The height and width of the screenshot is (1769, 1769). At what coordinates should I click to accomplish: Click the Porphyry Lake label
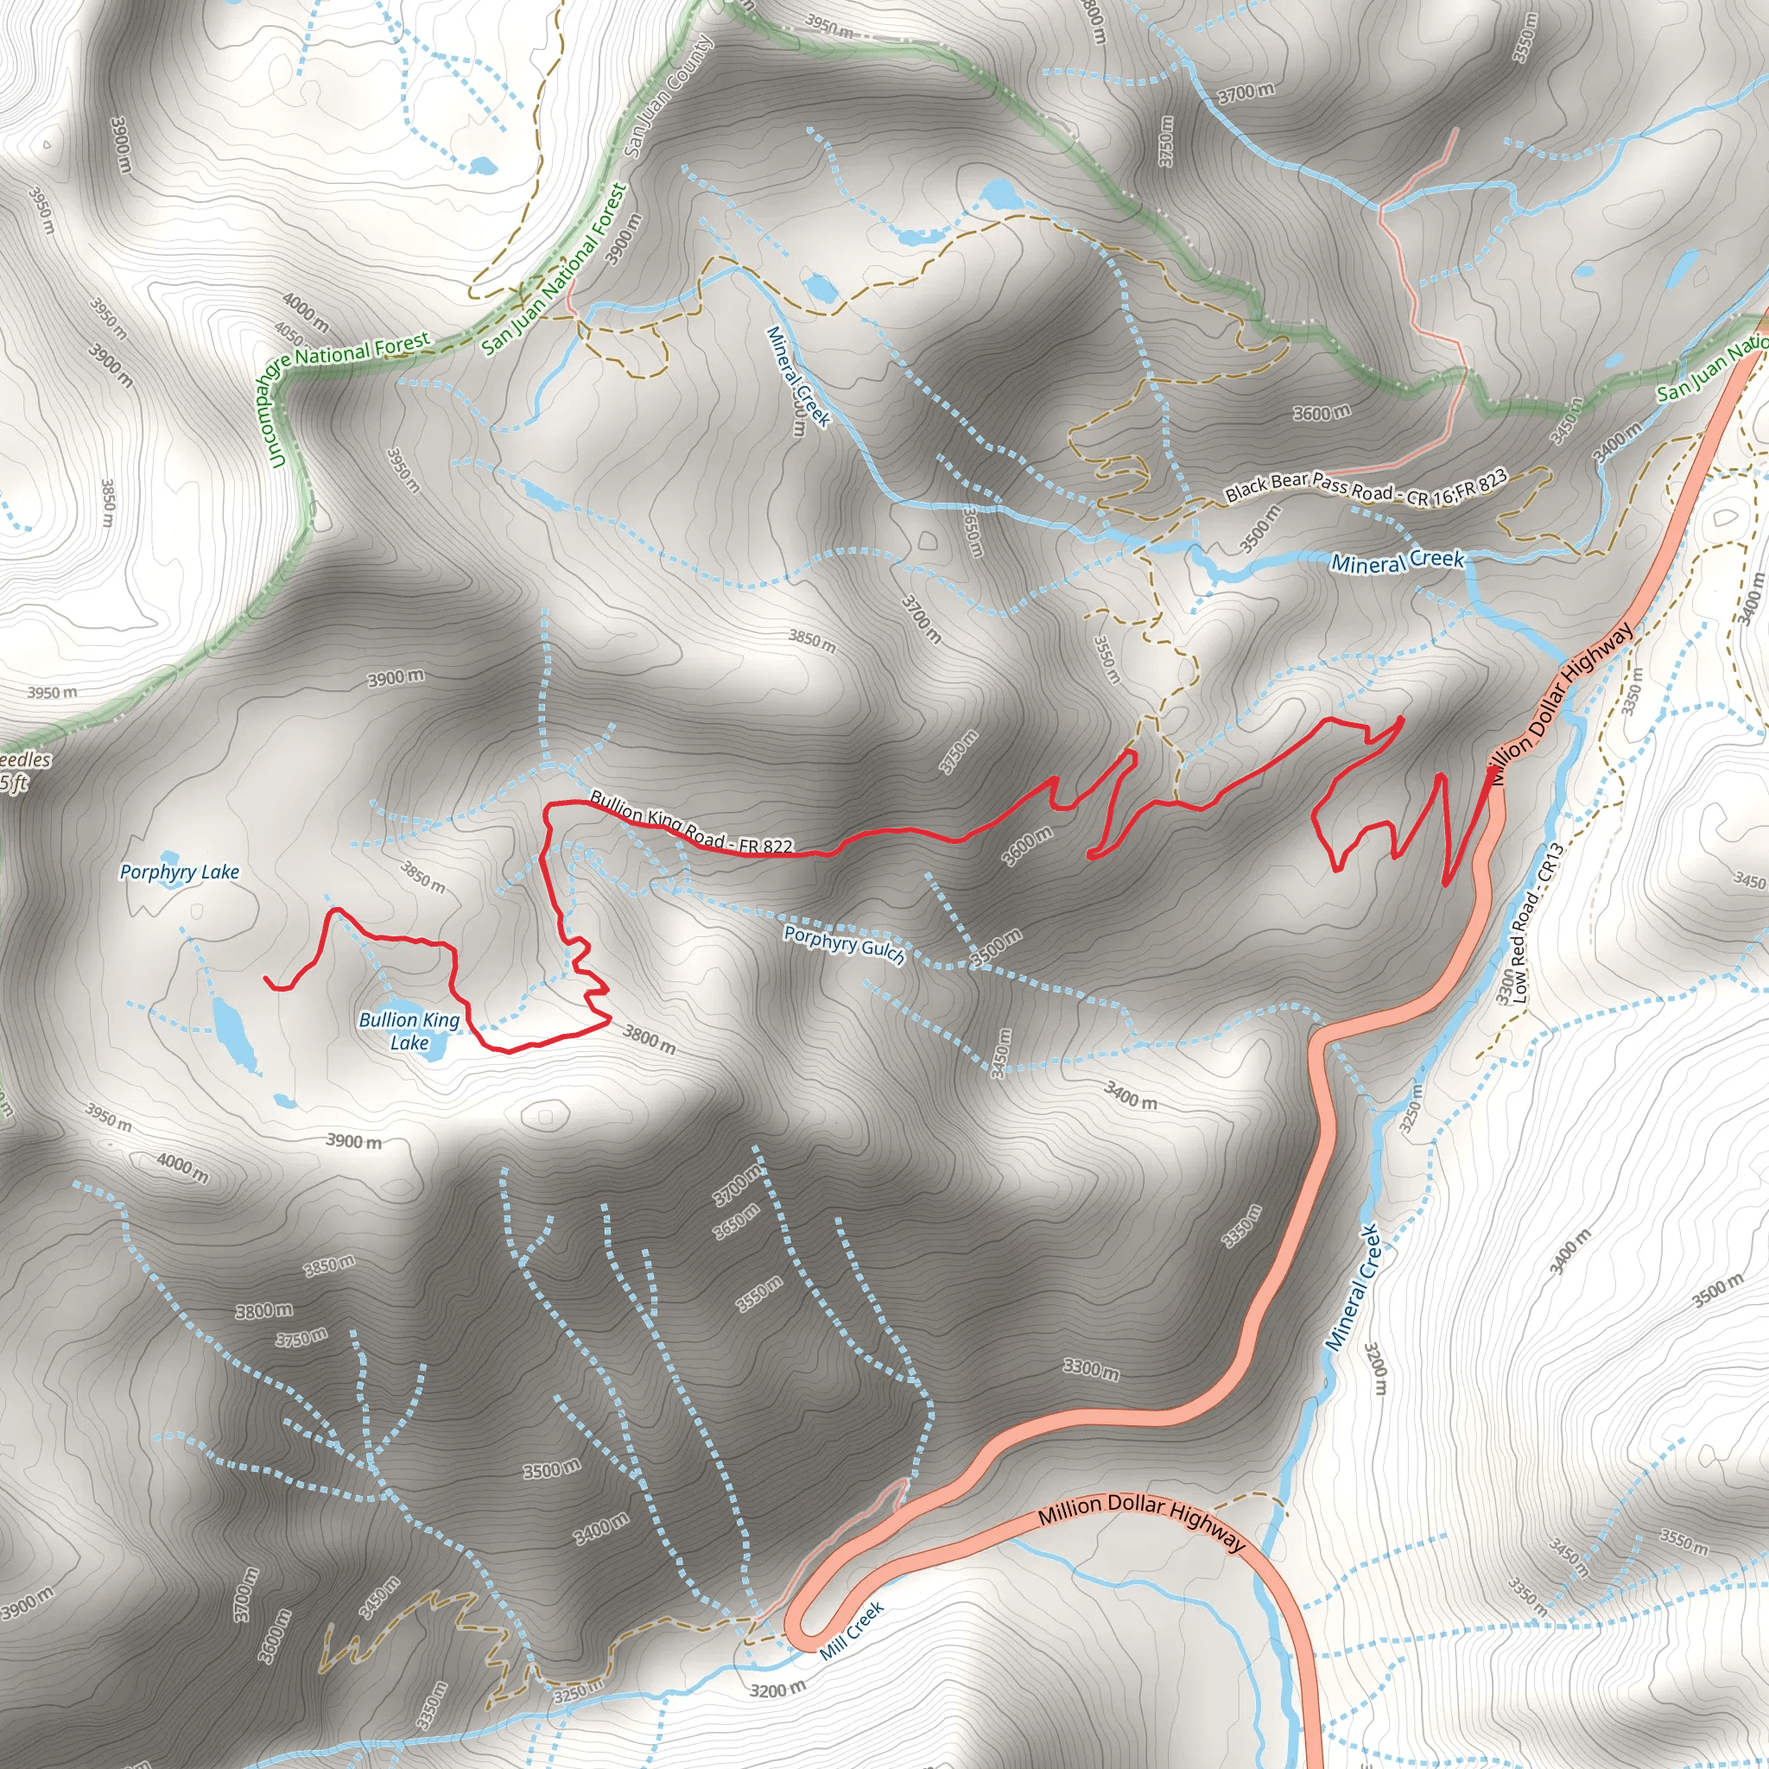point(180,872)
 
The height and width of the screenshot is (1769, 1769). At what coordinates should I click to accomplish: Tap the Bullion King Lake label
point(409,1031)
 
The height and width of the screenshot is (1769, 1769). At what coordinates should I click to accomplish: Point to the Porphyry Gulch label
point(844,944)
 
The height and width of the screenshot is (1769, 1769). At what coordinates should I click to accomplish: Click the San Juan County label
point(668,95)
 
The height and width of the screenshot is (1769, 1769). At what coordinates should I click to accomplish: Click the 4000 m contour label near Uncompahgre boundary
point(305,311)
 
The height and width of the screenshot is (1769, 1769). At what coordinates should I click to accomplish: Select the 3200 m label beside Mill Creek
point(777,1689)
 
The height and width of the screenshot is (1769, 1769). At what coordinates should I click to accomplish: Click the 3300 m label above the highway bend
point(1091,1369)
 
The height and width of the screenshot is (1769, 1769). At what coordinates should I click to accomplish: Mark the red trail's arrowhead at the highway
point(1493,776)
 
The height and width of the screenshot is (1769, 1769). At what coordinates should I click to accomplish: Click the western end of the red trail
point(266,979)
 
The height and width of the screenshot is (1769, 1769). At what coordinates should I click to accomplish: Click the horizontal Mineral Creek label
point(1398,561)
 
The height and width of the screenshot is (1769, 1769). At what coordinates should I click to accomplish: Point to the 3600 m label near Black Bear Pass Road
point(1322,413)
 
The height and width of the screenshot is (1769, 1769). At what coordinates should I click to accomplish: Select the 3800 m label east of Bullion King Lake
point(650,1039)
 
